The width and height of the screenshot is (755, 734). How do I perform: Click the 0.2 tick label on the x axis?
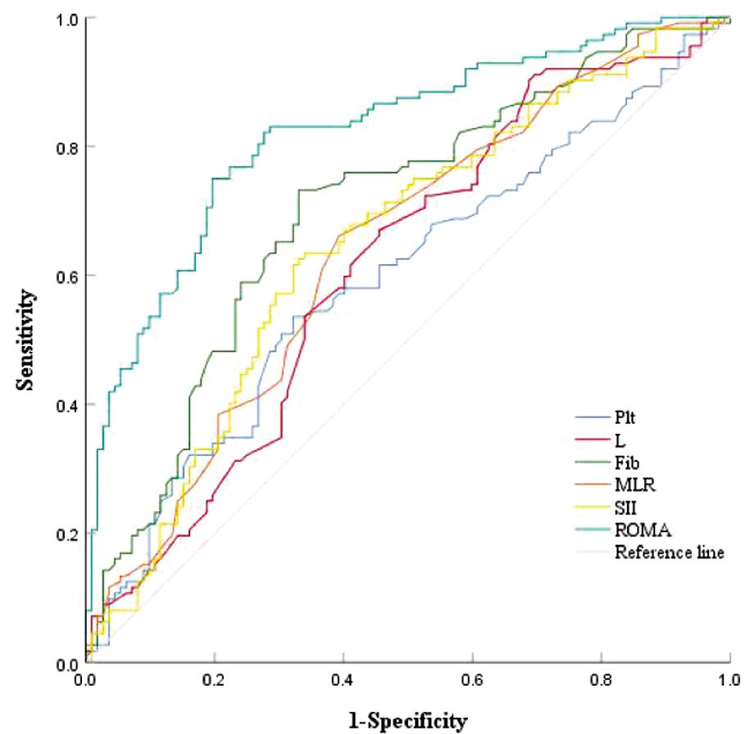[x=214, y=680]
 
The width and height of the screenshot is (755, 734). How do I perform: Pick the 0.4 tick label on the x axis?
[x=343, y=680]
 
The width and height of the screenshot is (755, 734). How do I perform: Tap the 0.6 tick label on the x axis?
[x=472, y=680]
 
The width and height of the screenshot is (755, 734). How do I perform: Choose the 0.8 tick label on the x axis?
[x=601, y=680]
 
